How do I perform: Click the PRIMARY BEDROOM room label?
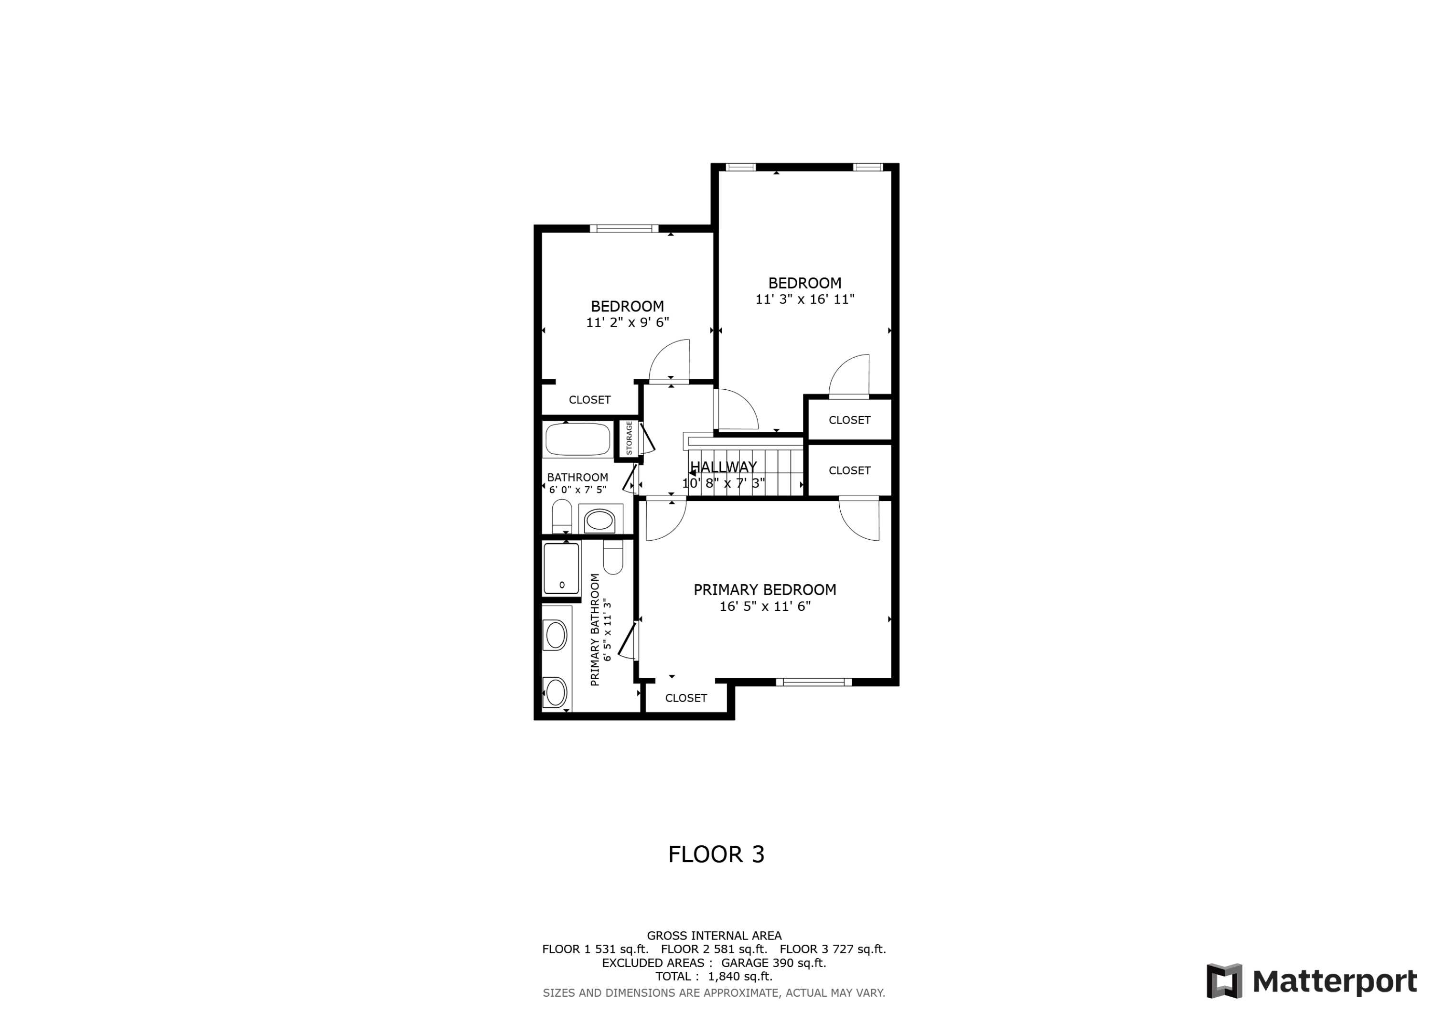click(765, 590)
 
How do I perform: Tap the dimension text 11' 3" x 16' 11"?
click(804, 299)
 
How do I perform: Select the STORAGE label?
click(629, 438)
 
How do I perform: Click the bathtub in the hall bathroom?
click(577, 439)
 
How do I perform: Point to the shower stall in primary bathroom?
click(561, 568)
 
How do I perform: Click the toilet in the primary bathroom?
click(613, 557)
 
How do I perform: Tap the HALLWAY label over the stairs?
click(723, 467)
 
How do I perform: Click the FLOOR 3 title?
click(716, 854)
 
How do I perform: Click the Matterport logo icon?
click(1224, 981)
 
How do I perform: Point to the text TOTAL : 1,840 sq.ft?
click(713, 976)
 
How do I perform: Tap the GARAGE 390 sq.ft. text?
click(773, 962)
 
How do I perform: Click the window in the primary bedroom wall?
click(813, 682)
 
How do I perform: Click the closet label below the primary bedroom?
click(686, 698)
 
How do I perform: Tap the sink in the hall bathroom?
click(600, 519)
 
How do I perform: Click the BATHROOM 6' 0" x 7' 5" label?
click(577, 483)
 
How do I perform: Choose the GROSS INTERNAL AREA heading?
click(714, 936)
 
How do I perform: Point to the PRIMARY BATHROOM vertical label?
click(595, 630)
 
